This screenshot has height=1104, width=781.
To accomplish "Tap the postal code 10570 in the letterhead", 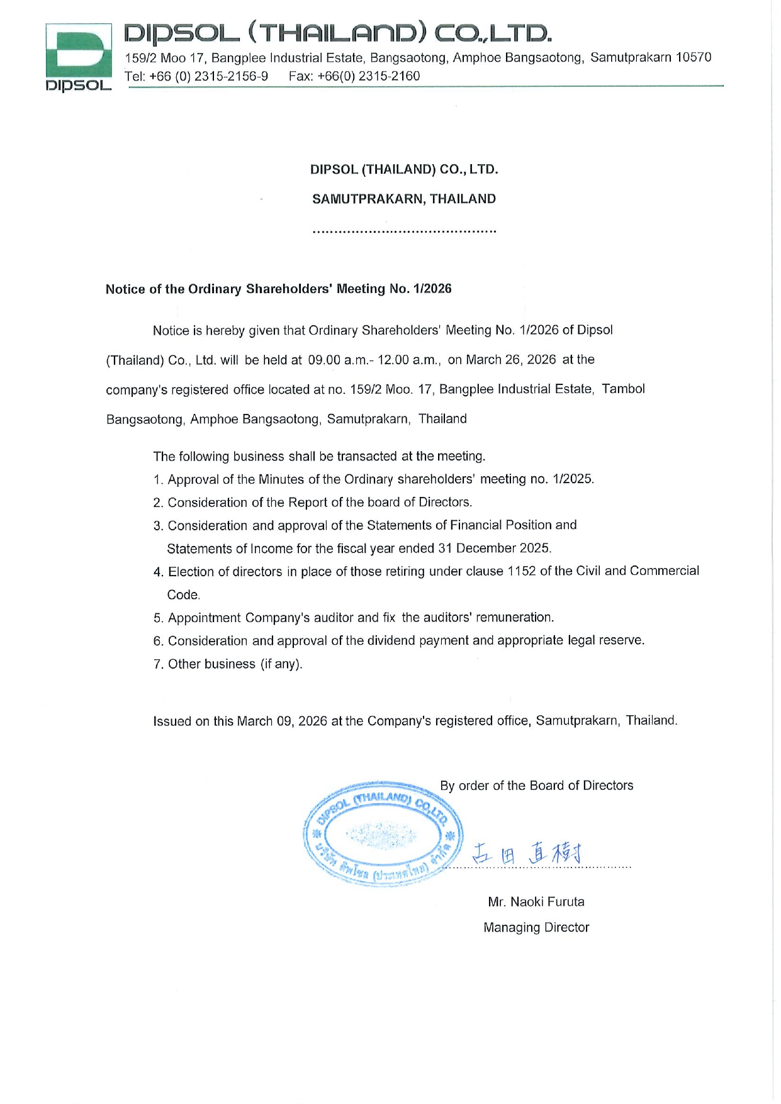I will [694, 58].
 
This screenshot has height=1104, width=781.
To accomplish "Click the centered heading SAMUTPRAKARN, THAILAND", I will [404, 199].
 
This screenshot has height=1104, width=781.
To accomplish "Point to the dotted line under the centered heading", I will [404, 231].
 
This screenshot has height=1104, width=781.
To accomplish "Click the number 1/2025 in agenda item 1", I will [572, 479].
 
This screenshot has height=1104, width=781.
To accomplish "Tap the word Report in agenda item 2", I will [308, 503].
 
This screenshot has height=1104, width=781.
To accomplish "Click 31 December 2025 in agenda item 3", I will [494, 549].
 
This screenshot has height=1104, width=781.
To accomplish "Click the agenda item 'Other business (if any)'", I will [235, 664].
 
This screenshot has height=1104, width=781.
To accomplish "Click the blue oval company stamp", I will [383, 834].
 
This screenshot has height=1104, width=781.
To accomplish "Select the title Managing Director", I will [536, 928].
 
